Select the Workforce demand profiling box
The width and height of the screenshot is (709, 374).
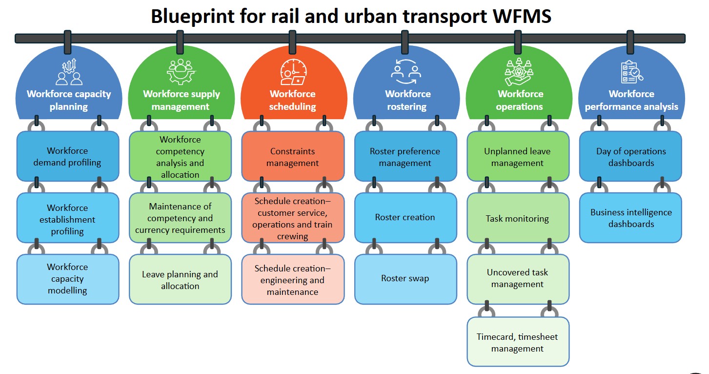pyautogui.click(x=68, y=157)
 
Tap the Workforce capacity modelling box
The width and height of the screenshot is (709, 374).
pyautogui.click(x=68, y=279)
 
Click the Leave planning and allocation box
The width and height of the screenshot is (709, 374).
pyautogui.click(x=180, y=280)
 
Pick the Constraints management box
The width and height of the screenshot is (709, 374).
pyautogui.click(x=293, y=157)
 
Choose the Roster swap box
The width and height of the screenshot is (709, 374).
pyautogui.click(x=405, y=279)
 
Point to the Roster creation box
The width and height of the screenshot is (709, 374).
pyautogui.click(x=405, y=218)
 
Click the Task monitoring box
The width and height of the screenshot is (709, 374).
pyautogui.click(x=518, y=218)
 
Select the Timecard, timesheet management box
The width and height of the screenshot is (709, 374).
pyautogui.click(x=518, y=342)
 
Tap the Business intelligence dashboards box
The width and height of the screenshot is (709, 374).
pyautogui.click(x=630, y=218)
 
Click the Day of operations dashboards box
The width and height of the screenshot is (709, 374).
pyautogui.click(x=630, y=157)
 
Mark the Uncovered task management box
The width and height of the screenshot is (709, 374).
pyautogui.click(x=518, y=279)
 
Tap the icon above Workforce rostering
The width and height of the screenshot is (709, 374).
pyautogui.click(x=406, y=71)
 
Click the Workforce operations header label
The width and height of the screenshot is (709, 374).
pyautogui.click(x=520, y=100)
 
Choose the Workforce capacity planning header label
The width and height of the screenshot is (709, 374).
pyautogui.click(x=69, y=100)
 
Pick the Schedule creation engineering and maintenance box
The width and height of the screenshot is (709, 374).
pyautogui.click(x=293, y=280)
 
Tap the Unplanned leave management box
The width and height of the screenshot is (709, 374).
pyautogui.click(x=518, y=157)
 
